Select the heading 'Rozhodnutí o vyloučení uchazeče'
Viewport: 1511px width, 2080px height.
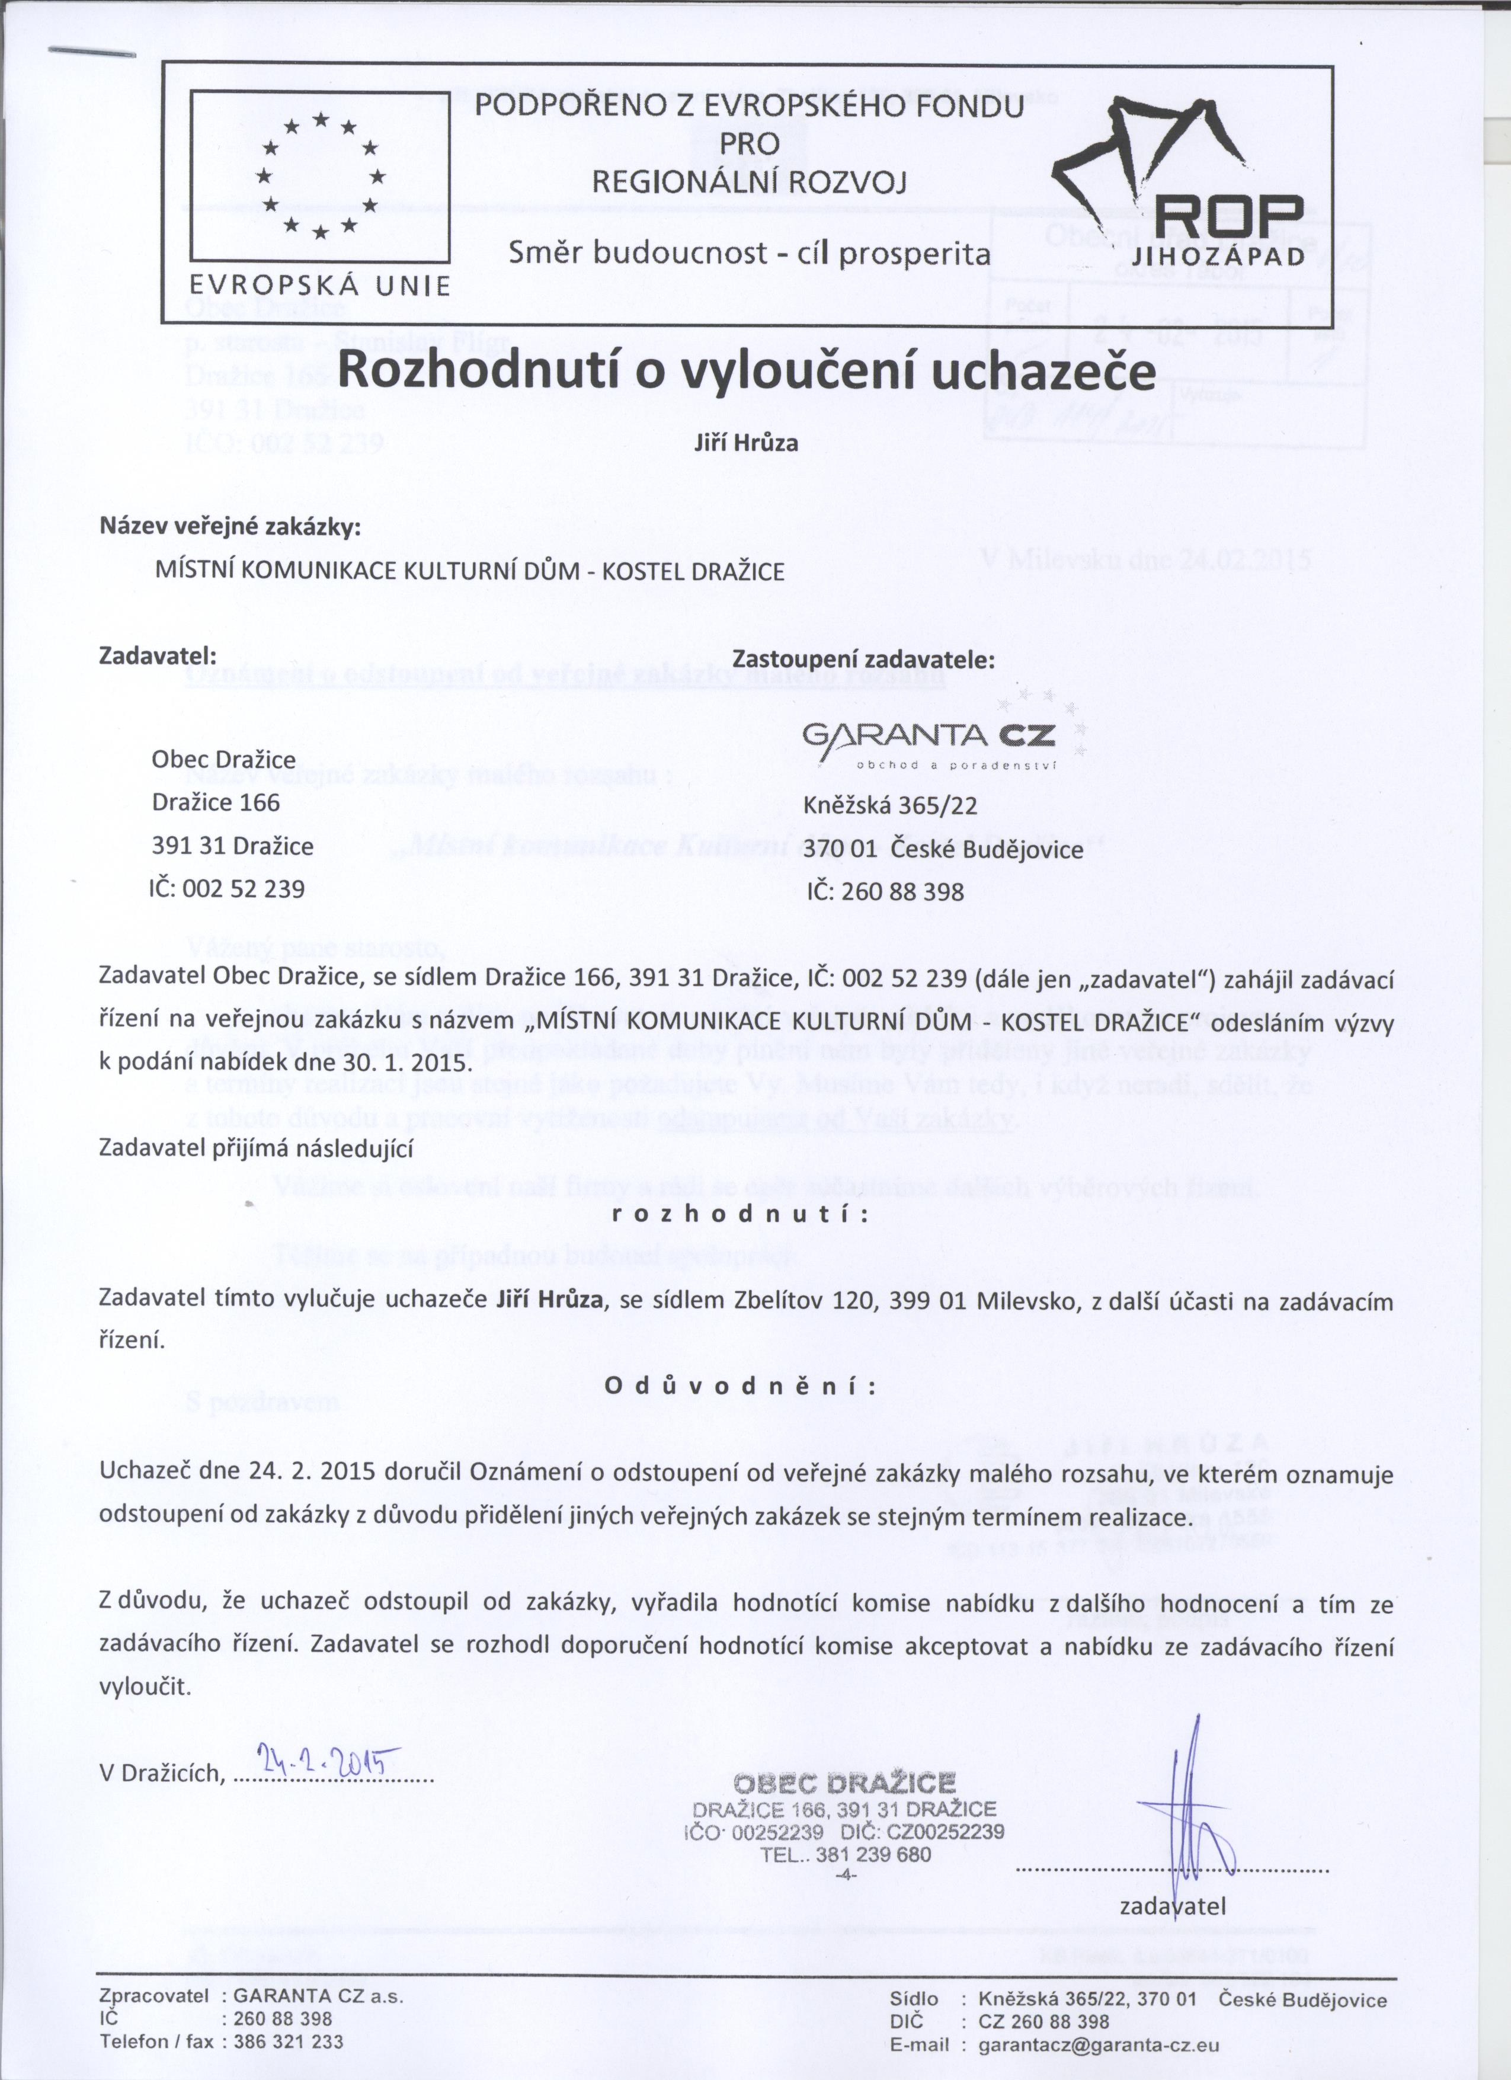(747, 372)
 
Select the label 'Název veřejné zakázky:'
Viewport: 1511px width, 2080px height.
(230, 527)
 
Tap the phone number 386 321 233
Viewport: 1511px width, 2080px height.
(289, 2041)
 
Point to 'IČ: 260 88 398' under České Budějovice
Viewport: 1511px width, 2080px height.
(885, 891)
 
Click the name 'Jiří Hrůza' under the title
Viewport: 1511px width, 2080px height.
(747, 443)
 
